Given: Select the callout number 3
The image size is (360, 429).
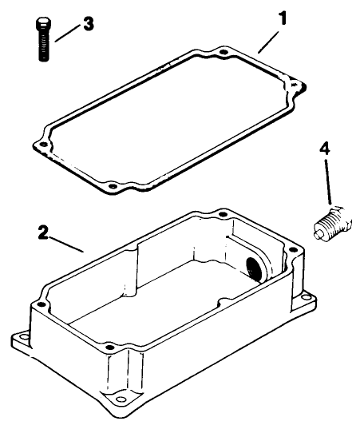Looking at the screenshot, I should (x=89, y=23).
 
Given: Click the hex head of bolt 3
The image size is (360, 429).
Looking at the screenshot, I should (x=42, y=22).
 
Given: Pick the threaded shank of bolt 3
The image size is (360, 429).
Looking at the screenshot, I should (x=42, y=46).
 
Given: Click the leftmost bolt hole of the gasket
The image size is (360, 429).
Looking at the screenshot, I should (x=37, y=144).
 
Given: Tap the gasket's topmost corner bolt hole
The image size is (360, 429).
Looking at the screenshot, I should (x=224, y=53).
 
